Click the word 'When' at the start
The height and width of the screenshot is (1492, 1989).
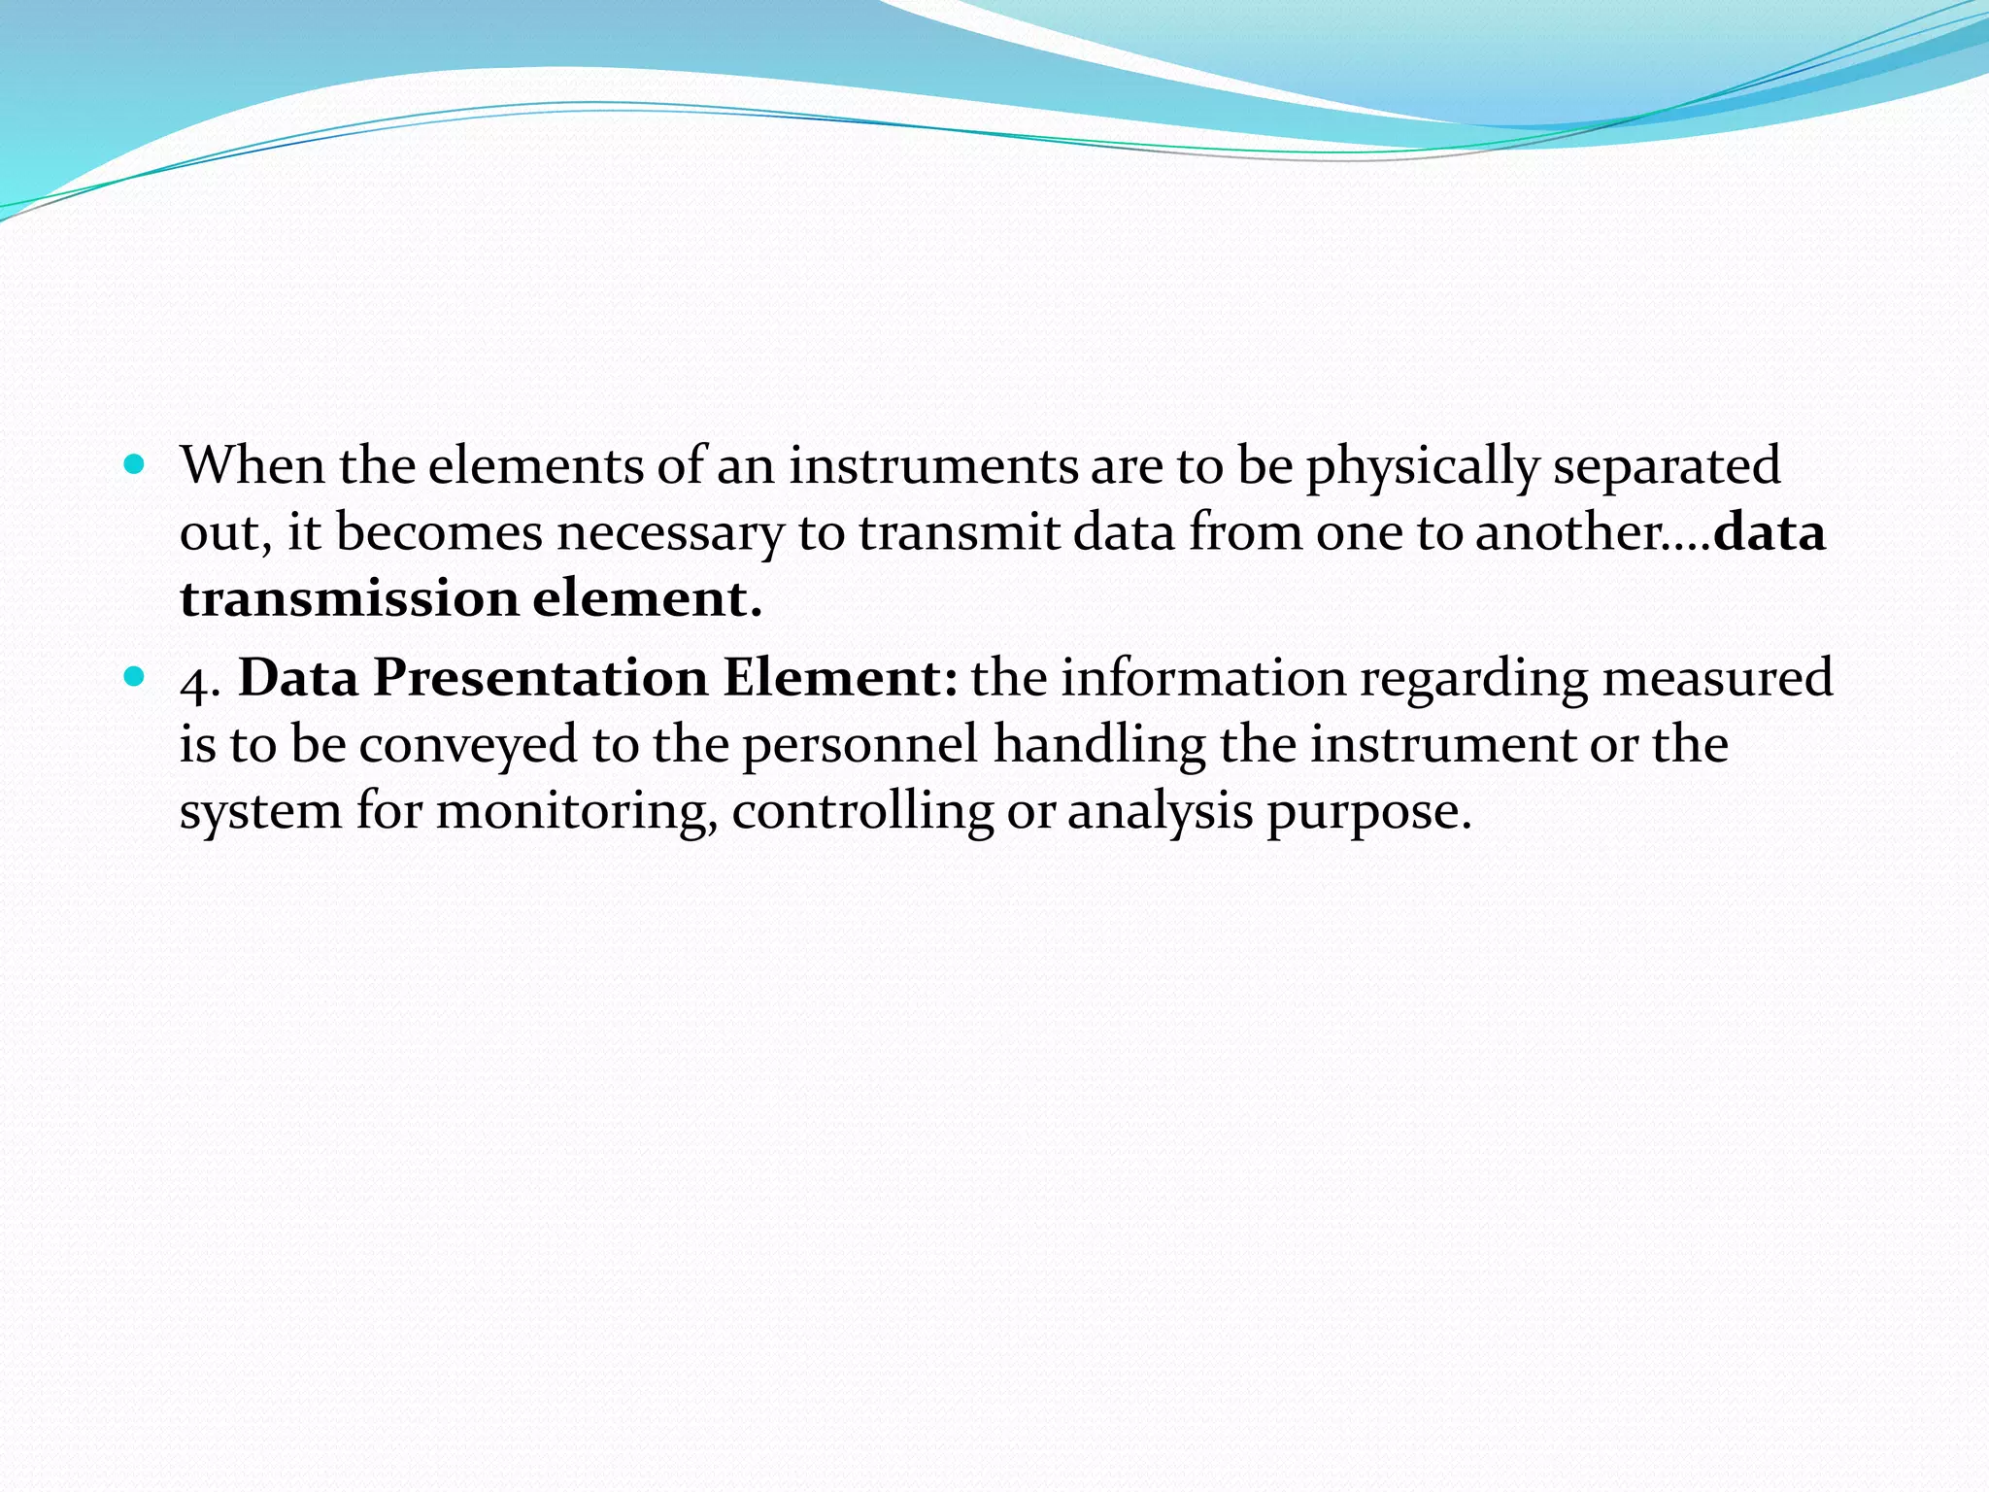pyautogui.click(x=253, y=466)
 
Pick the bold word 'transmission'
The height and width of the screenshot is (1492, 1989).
pyautogui.click(x=349, y=598)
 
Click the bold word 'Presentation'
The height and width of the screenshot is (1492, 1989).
pyautogui.click(x=541, y=678)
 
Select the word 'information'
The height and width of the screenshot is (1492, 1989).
pyautogui.click(x=1202, y=678)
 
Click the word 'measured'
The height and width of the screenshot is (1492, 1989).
pyautogui.click(x=1717, y=678)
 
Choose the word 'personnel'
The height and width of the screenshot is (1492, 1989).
pyautogui.click(x=860, y=746)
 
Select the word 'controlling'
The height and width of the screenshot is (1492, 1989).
pyautogui.click(x=862, y=812)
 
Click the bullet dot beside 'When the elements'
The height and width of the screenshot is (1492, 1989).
pyautogui.click(x=135, y=464)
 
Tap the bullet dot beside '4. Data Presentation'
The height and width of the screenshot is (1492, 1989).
pyautogui.click(x=135, y=676)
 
